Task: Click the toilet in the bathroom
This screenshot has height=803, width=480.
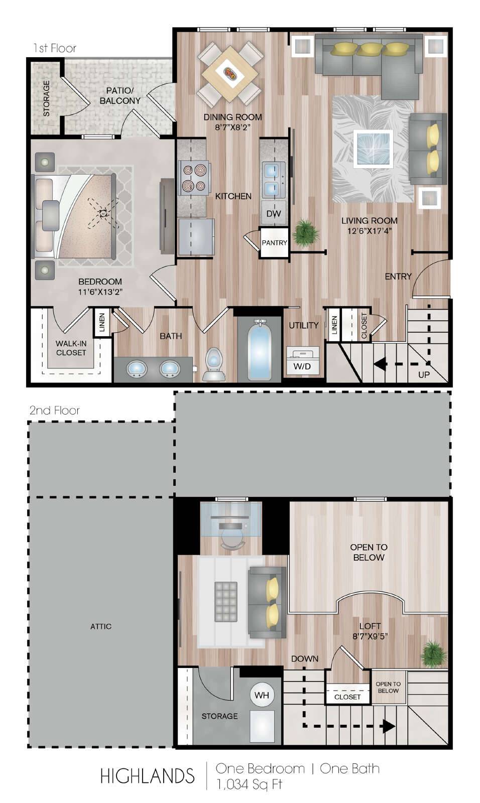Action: pos(214,363)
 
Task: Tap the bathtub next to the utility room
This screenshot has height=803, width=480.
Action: pos(259,350)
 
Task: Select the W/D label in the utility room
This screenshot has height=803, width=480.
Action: pos(302,366)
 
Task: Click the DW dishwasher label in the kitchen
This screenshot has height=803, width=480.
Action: pos(273,214)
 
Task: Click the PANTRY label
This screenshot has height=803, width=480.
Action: pos(275,243)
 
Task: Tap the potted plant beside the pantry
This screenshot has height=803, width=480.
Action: pos(306,233)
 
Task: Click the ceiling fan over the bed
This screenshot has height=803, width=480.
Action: pos(103,214)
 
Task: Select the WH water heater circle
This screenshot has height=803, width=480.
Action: pos(262,695)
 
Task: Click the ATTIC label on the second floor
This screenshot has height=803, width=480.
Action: pos(101,626)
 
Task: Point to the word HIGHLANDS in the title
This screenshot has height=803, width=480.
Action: pos(147,776)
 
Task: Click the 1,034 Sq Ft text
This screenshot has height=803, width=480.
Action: pos(249,784)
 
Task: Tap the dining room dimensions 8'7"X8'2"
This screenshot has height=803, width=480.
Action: pos(232,127)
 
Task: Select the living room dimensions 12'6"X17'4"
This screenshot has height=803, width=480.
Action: pos(369,230)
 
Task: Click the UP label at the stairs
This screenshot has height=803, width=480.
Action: pos(424,374)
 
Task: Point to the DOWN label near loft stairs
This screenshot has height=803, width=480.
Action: pos(305,658)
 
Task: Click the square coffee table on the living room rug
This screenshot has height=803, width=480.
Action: pos(373,149)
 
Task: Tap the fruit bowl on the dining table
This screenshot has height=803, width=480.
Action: pos(230,74)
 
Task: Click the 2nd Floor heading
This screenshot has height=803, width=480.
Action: pos(55,410)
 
